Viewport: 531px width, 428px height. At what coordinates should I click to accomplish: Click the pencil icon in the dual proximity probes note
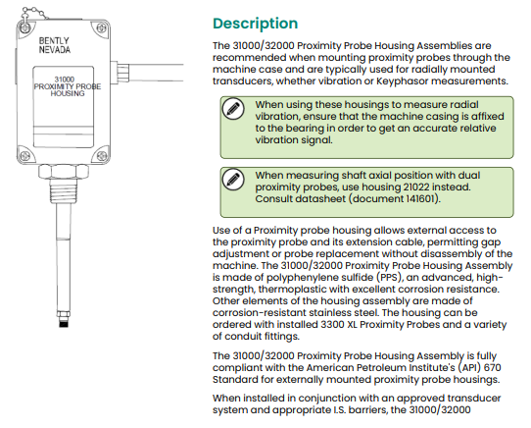click(232, 180)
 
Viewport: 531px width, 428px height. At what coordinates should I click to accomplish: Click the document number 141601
click(395, 198)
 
